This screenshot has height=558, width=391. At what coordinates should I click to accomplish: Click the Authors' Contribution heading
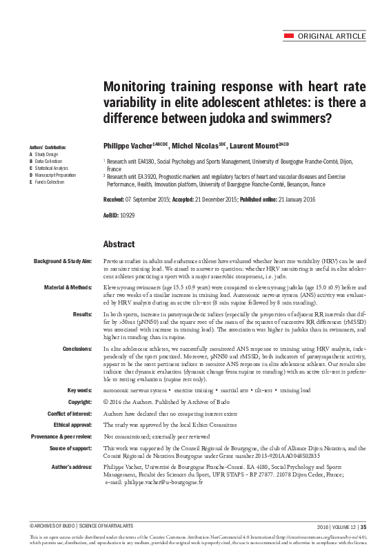click(x=47, y=148)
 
